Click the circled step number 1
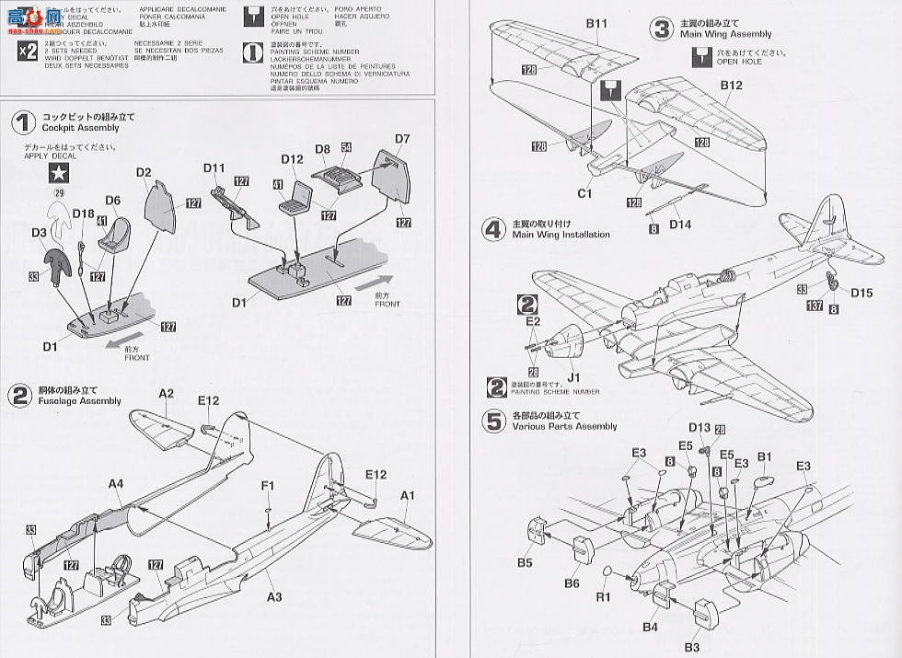pos(24,123)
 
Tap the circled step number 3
pos(661,29)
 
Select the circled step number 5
pos(495,421)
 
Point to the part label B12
pos(732,86)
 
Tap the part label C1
pos(584,194)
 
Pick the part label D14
pos(681,224)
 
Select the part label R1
pos(604,596)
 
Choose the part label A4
pos(116,484)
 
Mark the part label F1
pos(269,486)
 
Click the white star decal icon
pos(60,171)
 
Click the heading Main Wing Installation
pos(561,235)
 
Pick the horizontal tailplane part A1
pos(391,532)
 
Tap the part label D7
pos(401,139)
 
